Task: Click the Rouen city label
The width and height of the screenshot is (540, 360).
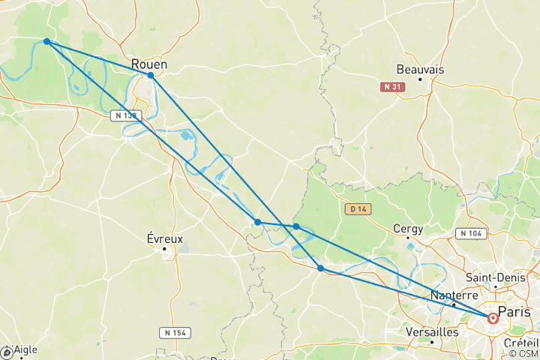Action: pos(149,64)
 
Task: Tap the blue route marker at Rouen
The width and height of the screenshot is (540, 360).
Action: pos(151,75)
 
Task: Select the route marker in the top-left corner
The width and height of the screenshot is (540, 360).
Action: pos(47,42)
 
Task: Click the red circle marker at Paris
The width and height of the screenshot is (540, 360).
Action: pos(493,318)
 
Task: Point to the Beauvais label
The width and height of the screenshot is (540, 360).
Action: pos(420,69)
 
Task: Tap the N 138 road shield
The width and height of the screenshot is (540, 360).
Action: pos(125,115)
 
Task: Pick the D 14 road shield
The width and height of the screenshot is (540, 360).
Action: pos(356,208)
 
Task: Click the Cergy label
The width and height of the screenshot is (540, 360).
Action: pos(409,229)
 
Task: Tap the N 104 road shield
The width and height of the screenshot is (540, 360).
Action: pos(471,234)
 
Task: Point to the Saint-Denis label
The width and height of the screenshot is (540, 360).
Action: pos(495,277)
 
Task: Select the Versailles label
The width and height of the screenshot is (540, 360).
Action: pos(431,331)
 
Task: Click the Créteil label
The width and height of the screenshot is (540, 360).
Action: pos(522,342)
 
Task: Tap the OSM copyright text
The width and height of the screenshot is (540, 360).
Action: pos(523,353)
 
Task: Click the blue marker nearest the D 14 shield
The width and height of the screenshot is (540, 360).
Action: pos(296,226)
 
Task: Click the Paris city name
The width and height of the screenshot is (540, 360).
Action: pos(520,311)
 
